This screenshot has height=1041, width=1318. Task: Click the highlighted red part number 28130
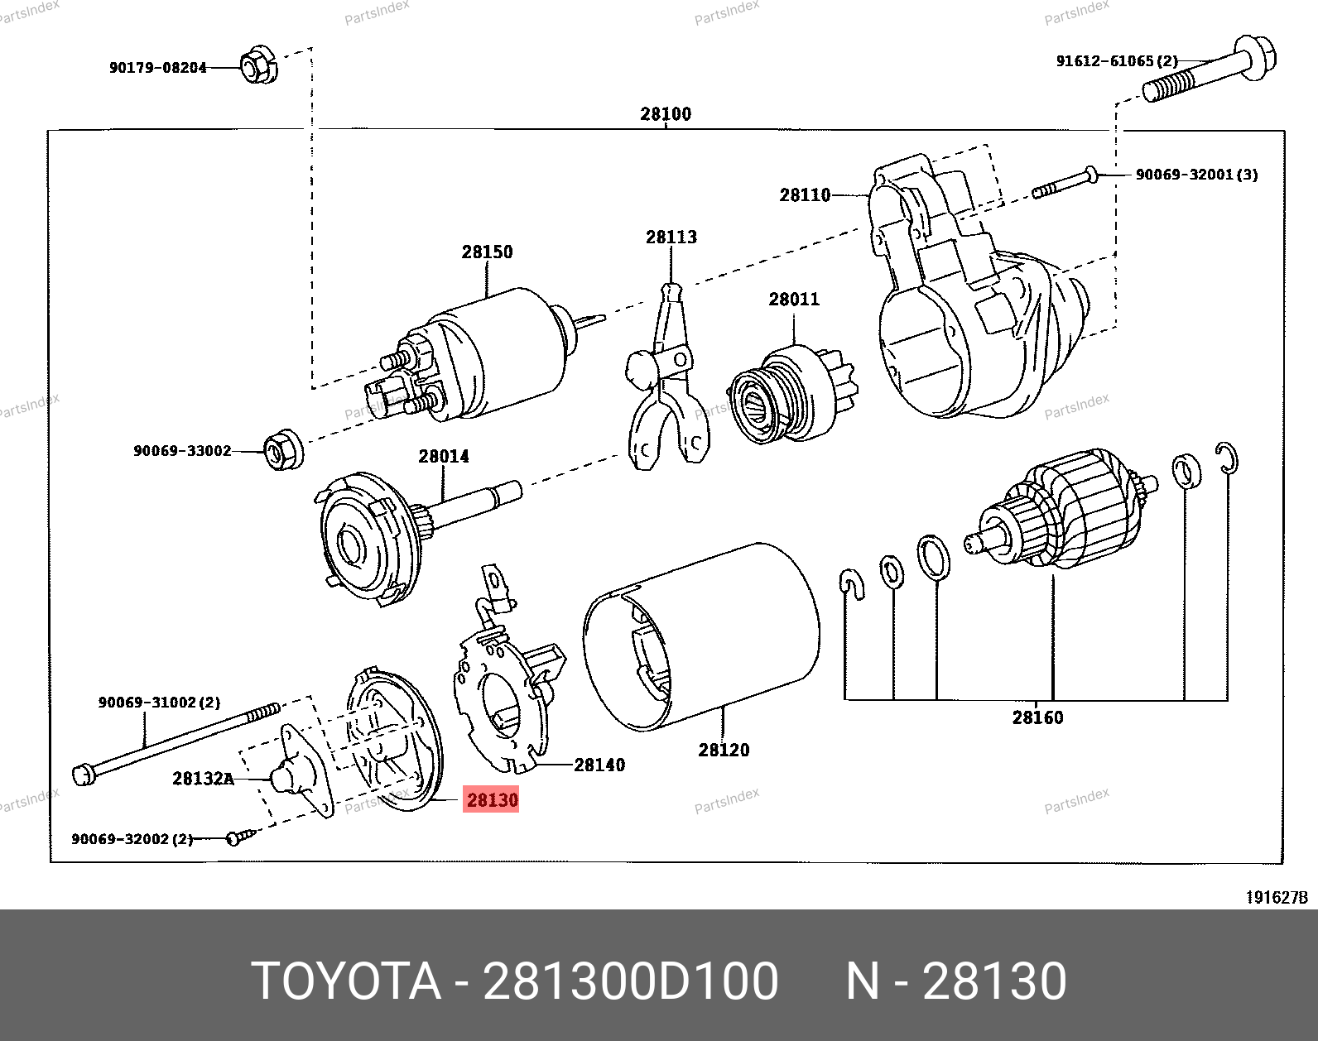(492, 799)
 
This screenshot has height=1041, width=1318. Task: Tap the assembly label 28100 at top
(665, 114)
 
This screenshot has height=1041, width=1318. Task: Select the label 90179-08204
(157, 68)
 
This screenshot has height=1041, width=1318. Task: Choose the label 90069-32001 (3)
(1196, 175)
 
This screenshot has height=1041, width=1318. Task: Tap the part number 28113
(671, 237)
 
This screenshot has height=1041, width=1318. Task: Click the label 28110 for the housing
(804, 195)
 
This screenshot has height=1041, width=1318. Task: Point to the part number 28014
(443, 456)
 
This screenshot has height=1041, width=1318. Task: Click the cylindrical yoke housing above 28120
(700, 637)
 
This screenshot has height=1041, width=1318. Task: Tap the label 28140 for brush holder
(599, 765)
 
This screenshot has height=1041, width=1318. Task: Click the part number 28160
(1037, 717)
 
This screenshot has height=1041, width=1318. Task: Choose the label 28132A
(203, 778)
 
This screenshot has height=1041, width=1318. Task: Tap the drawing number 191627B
(1277, 897)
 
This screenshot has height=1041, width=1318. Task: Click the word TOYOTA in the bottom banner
(345, 981)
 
